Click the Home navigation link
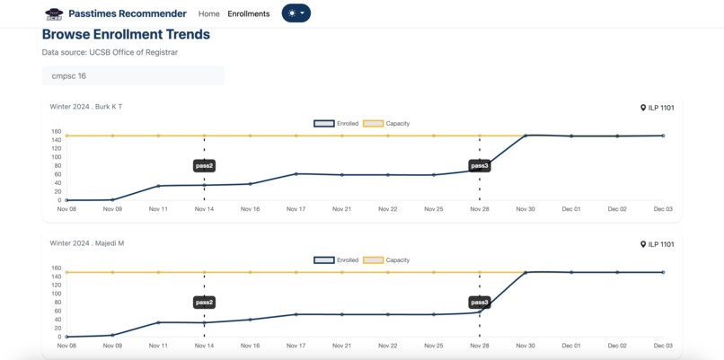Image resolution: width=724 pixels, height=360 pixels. pyautogui.click(x=208, y=13)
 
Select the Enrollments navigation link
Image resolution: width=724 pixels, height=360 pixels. pyautogui.click(x=249, y=13)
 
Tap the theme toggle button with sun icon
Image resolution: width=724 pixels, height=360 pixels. pyautogui.click(x=296, y=13)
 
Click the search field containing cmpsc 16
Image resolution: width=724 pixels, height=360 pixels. pyautogui.click(x=133, y=76)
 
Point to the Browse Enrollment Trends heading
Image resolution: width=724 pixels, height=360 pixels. pyautogui.click(x=126, y=35)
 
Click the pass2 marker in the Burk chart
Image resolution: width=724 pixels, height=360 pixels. pyautogui.click(x=204, y=166)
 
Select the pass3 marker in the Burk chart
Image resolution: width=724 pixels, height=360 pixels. pyautogui.click(x=480, y=166)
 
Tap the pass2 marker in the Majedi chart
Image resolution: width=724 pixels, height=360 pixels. pyautogui.click(x=204, y=303)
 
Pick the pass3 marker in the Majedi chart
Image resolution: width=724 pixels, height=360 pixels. pyautogui.click(x=480, y=303)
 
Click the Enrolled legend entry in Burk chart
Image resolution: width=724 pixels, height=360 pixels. pyautogui.click(x=337, y=123)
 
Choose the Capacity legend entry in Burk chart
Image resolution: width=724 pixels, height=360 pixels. pyautogui.click(x=386, y=123)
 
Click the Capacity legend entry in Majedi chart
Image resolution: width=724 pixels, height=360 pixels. pyautogui.click(x=386, y=260)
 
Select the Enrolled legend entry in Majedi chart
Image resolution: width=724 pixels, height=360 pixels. pyautogui.click(x=337, y=260)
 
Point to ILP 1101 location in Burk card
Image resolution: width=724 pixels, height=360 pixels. pyautogui.click(x=658, y=108)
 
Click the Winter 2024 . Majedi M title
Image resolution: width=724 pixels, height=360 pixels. pyautogui.click(x=87, y=243)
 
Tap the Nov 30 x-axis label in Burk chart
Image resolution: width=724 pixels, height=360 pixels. pyautogui.click(x=525, y=209)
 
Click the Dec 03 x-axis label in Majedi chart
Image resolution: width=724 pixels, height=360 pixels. pyautogui.click(x=663, y=346)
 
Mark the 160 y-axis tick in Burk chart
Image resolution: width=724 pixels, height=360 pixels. pyautogui.click(x=57, y=131)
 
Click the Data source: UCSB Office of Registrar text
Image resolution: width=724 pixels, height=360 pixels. pyautogui.click(x=110, y=53)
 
